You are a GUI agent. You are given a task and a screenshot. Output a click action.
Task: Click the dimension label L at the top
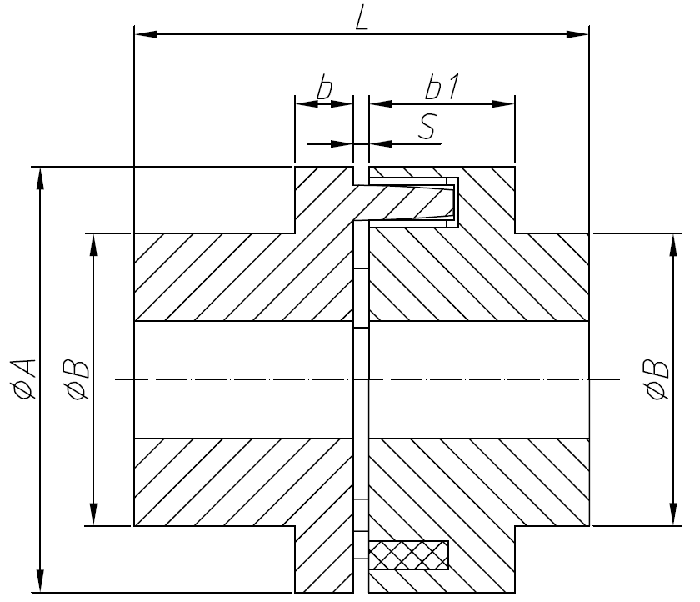(x=361, y=18)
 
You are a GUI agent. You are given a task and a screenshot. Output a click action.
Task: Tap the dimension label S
(x=426, y=127)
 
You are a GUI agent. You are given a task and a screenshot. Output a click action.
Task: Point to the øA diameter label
(x=24, y=379)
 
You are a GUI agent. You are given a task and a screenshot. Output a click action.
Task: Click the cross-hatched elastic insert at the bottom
(x=408, y=555)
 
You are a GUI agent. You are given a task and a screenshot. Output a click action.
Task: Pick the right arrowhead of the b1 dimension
(x=503, y=104)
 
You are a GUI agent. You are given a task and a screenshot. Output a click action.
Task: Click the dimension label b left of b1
(x=327, y=87)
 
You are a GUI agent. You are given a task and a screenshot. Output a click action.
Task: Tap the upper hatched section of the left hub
(x=242, y=275)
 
